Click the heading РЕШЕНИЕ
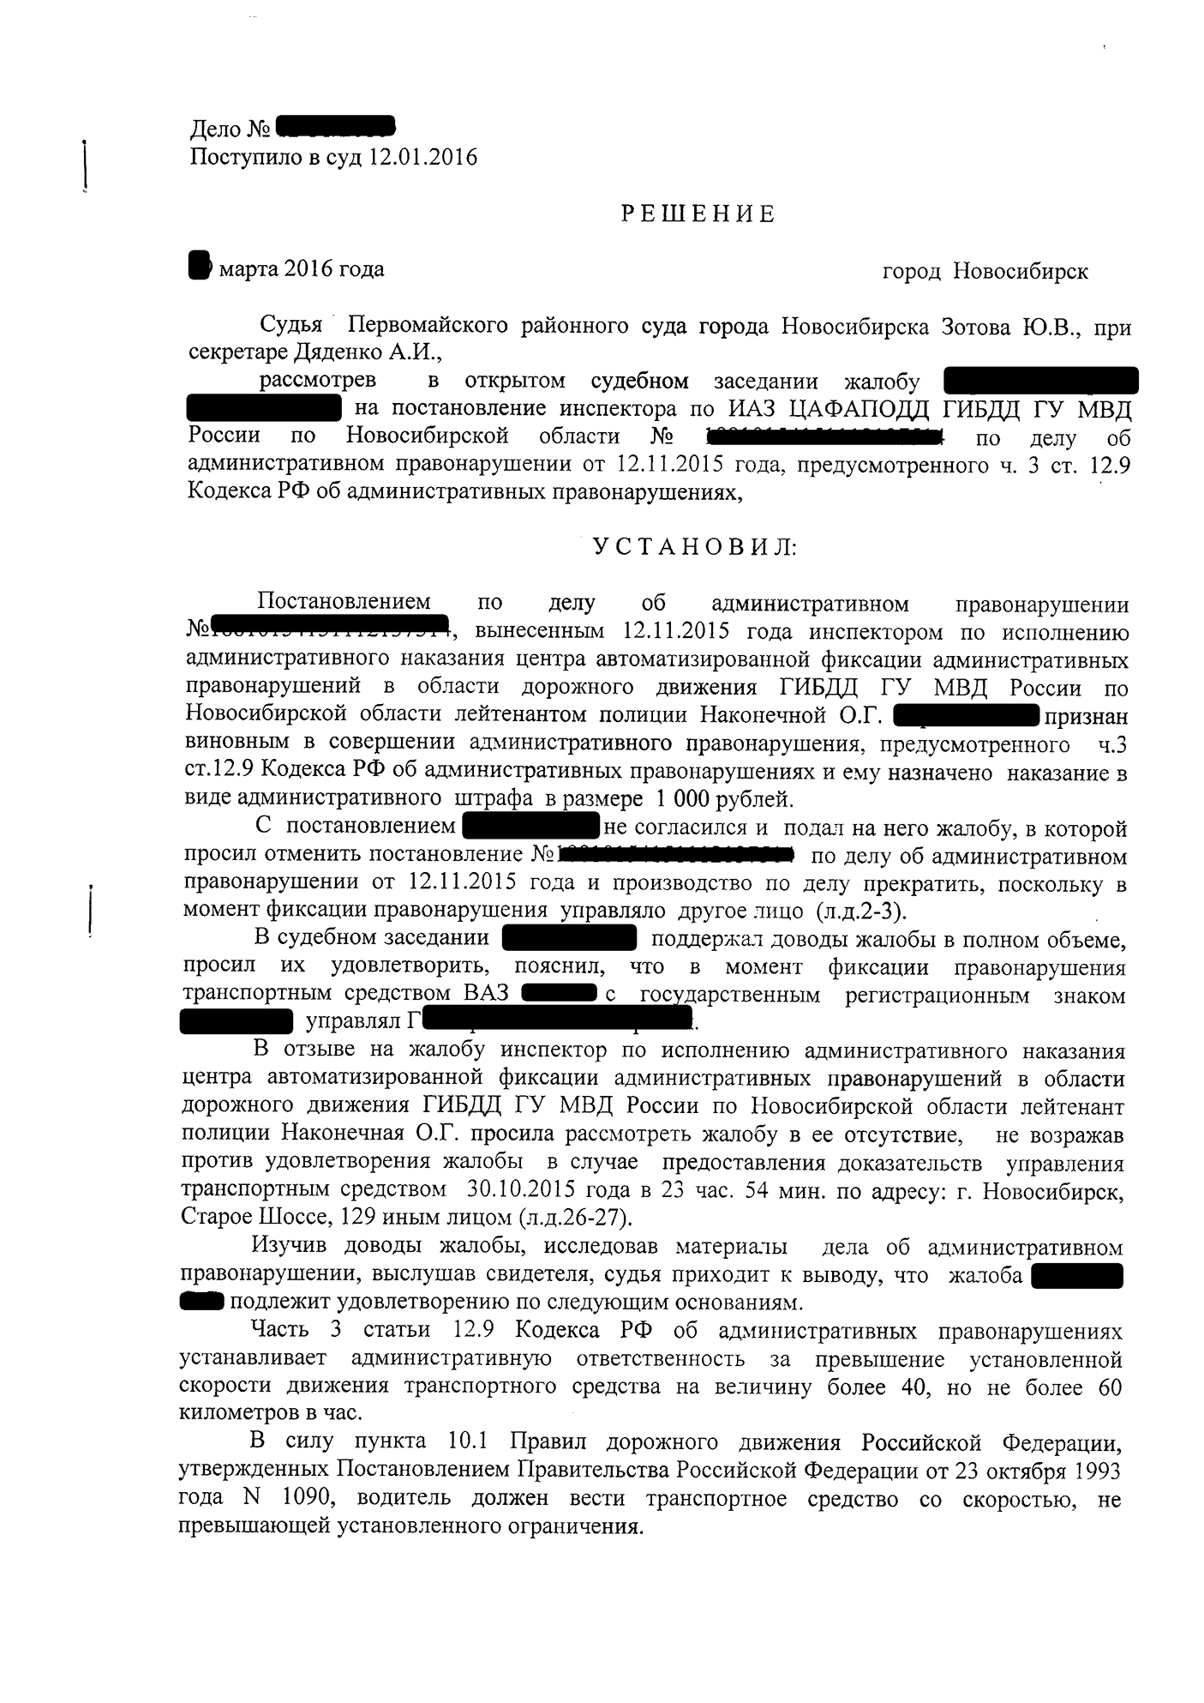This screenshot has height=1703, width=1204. tap(698, 214)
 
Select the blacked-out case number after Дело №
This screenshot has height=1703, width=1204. tap(336, 129)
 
